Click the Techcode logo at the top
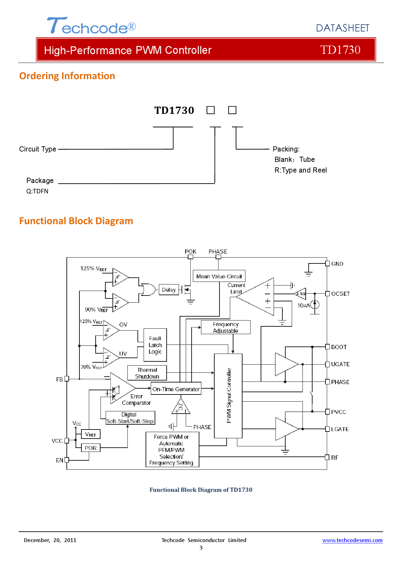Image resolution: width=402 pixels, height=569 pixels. [91, 26]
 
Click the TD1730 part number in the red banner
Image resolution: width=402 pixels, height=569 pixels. [340, 50]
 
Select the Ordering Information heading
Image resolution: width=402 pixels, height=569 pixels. [67, 76]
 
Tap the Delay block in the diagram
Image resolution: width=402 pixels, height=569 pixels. [169, 290]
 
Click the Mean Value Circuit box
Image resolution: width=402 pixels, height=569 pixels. [219, 276]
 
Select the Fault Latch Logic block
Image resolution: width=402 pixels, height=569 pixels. [155, 345]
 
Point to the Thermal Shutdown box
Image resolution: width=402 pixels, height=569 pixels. [147, 373]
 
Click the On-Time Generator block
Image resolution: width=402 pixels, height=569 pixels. [176, 389]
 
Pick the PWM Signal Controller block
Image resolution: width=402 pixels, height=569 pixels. [228, 396]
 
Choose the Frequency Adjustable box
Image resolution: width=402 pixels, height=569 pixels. [226, 327]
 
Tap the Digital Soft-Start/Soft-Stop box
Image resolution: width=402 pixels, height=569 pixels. [130, 418]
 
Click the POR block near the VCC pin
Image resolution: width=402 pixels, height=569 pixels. [90, 448]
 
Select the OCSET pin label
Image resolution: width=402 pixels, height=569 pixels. [340, 294]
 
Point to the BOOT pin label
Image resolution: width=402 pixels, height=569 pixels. [339, 347]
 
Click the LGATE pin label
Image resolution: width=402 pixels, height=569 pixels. [340, 429]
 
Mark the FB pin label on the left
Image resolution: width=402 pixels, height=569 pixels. [60, 379]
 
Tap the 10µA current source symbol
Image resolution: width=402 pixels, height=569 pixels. [315, 305]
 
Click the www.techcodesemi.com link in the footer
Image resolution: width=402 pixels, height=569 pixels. [352, 540]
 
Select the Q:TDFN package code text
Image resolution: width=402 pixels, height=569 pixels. [37, 191]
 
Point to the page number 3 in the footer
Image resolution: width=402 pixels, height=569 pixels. [201, 548]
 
